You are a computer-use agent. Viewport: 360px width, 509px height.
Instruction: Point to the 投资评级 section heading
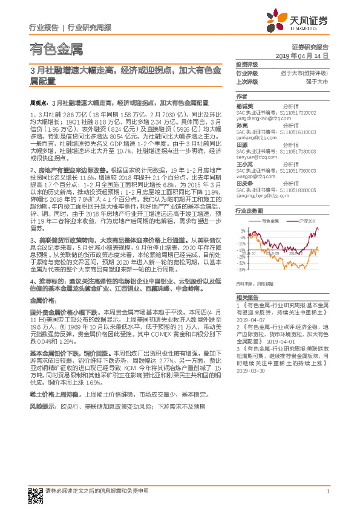click(246, 63)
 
